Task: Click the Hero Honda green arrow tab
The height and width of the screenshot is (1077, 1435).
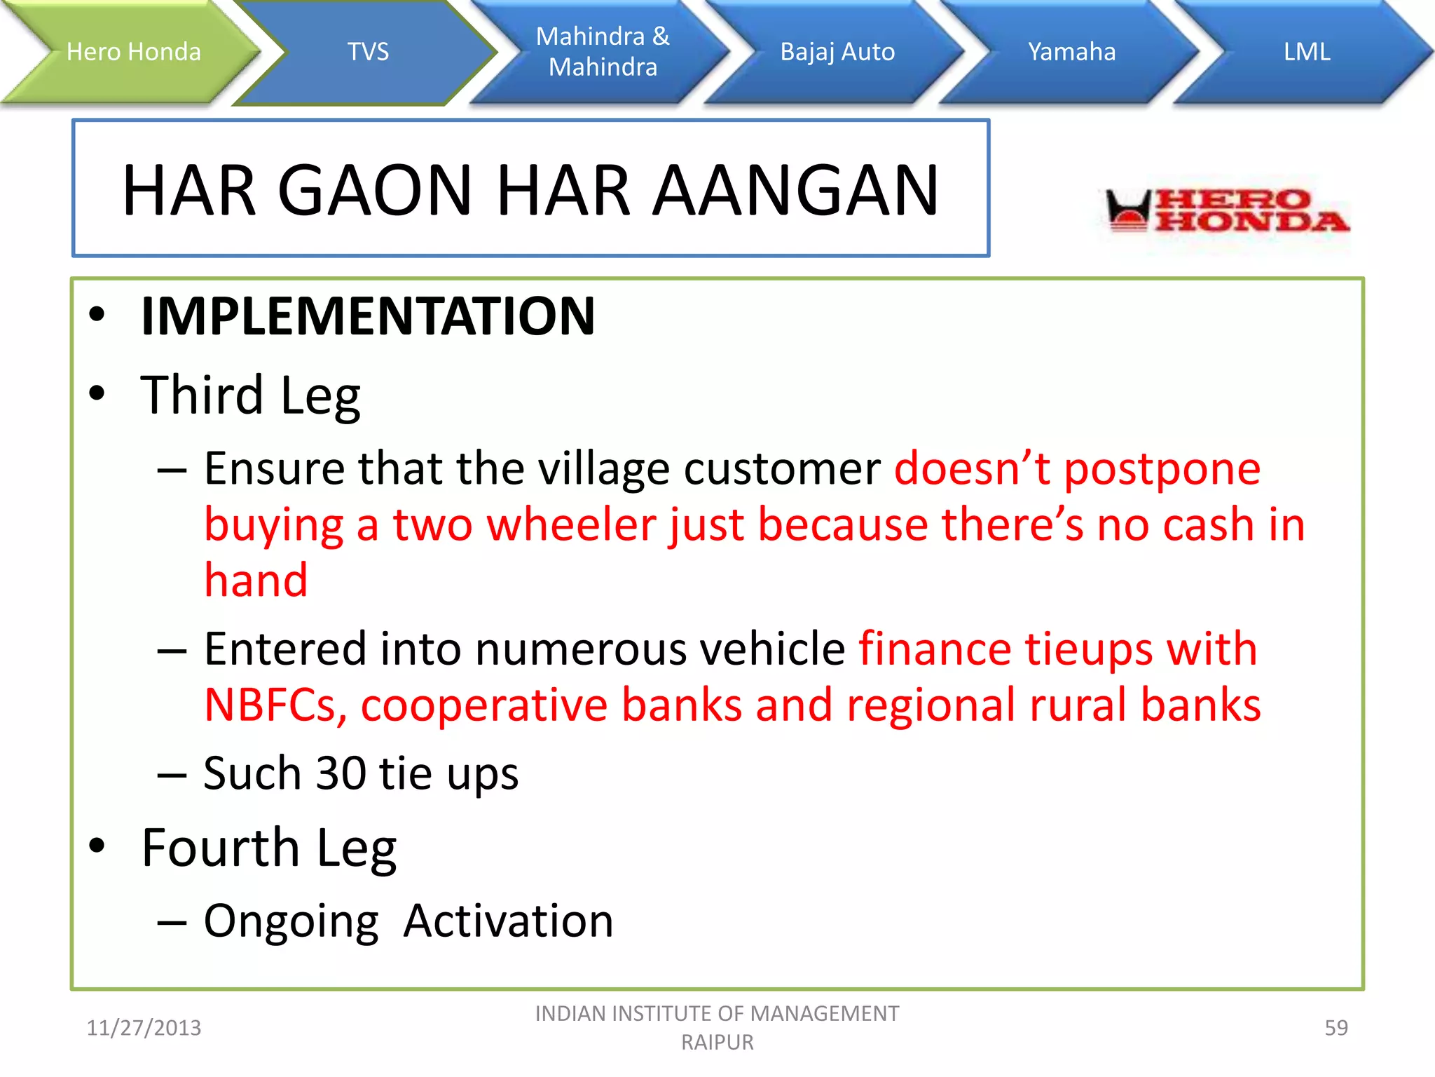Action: pyautogui.click(x=133, y=52)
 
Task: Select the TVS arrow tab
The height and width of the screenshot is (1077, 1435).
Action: pyautogui.click(x=368, y=52)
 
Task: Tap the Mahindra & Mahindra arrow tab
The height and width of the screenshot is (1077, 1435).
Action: pyautogui.click(x=603, y=52)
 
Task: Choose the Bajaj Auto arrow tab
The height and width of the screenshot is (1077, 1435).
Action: pyautogui.click(x=837, y=52)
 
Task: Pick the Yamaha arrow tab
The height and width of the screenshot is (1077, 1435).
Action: pyautogui.click(x=1071, y=52)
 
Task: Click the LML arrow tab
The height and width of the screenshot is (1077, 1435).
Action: pyautogui.click(x=1306, y=52)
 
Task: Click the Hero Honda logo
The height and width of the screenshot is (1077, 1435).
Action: pyautogui.click(x=1226, y=210)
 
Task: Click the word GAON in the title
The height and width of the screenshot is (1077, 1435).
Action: pyautogui.click(x=375, y=190)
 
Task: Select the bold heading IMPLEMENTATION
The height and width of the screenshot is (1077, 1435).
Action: pyautogui.click(x=368, y=316)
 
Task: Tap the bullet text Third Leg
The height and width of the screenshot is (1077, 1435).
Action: pyautogui.click(x=250, y=395)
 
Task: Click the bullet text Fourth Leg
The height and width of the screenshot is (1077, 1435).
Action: pyautogui.click(x=268, y=848)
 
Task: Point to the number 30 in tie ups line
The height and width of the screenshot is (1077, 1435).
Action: pyautogui.click(x=341, y=773)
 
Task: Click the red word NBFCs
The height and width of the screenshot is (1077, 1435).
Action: pyautogui.click(x=275, y=705)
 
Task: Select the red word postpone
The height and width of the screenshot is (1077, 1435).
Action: pyautogui.click(x=1162, y=468)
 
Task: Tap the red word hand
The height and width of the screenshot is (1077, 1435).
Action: pyautogui.click(x=256, y=581)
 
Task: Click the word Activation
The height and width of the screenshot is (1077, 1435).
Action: pyautogui.click(x=508, y=921)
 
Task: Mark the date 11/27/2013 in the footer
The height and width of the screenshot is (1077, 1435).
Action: pyautogui.click(x=144, y=1028)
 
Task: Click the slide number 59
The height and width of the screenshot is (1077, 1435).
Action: pyautogui.click(x=1336, y=1028)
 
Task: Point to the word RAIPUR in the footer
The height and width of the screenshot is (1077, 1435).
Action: pyautogui.click(x=717, y=1043)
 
